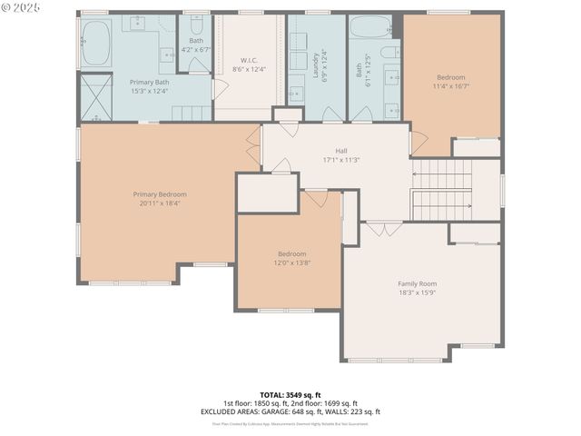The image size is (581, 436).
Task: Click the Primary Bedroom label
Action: click(160, 194)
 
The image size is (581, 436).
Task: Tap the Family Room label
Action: click(417, 283)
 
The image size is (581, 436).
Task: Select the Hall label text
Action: click(341, 151)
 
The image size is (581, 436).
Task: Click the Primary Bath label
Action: click(149, 82)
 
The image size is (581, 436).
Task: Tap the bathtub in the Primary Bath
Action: click(95, 44)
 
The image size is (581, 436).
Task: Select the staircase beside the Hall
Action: click(442, 189)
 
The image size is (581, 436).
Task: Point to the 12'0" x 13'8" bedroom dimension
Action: click(291, 263)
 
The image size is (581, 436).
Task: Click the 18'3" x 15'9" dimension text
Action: click(417, 292)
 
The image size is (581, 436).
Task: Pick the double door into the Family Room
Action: click(383, 228)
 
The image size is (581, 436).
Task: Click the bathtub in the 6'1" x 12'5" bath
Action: click(369, 26)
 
